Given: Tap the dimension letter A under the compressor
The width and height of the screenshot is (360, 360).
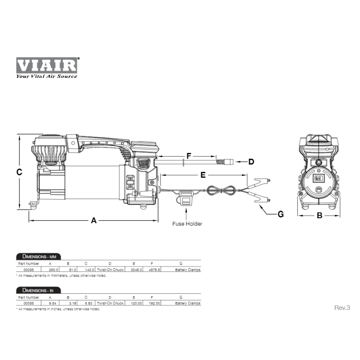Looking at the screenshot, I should click(x=94, y=221).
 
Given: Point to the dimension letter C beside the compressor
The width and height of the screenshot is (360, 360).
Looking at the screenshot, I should click(x=20, y=172).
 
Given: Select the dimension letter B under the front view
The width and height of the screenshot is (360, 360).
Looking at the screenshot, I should click(x=319, y=216).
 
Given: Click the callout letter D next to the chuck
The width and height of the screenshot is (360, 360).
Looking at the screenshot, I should click(x=251, y=162).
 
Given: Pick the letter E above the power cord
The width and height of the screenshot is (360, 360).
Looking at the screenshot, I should click(x=203, y=175).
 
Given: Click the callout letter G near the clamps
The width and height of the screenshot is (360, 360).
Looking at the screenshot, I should click(x=280, y=214).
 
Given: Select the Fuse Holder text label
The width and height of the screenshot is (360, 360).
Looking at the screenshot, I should click(x=187, y=224).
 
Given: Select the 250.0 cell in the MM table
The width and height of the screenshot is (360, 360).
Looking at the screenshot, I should click(x=53, y=269).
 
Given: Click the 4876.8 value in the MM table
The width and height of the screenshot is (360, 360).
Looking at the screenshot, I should click(x=154, y=269).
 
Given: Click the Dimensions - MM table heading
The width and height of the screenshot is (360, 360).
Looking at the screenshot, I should click(x=39, y=257).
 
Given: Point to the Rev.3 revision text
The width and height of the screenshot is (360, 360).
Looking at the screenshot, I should click(x=342, y=307).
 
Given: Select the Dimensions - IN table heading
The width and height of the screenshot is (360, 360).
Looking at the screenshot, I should click(x=39, y=290).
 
